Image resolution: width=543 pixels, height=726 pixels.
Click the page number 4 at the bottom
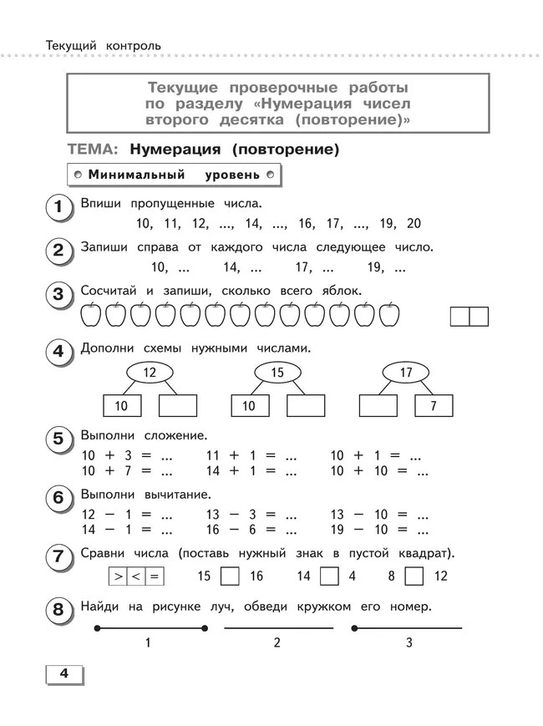(63, 674)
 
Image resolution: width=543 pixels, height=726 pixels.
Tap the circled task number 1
(58, 206)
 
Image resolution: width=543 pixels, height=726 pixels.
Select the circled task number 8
(58, 611)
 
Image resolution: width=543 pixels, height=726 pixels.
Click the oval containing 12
(150, 373)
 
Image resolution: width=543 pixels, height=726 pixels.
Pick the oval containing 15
(278, 373)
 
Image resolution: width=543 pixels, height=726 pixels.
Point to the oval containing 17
(407, 373)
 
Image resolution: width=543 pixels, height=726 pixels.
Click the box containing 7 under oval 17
(434, 405)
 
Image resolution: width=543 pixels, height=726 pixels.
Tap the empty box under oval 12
(177, 405)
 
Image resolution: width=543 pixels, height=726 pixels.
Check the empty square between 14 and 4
(330, 576)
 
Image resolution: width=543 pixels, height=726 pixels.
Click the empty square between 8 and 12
(414, 576)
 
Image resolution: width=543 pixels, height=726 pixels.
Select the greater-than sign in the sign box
(119, 576)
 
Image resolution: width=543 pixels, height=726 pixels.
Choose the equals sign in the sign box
(154, 576)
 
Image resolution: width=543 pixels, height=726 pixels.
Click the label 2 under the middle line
(277, 642)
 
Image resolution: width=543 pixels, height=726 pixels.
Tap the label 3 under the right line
(409, 642)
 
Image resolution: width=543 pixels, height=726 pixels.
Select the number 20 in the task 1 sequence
(414, 224)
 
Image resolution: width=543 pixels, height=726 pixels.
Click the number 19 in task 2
(375, 268)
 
